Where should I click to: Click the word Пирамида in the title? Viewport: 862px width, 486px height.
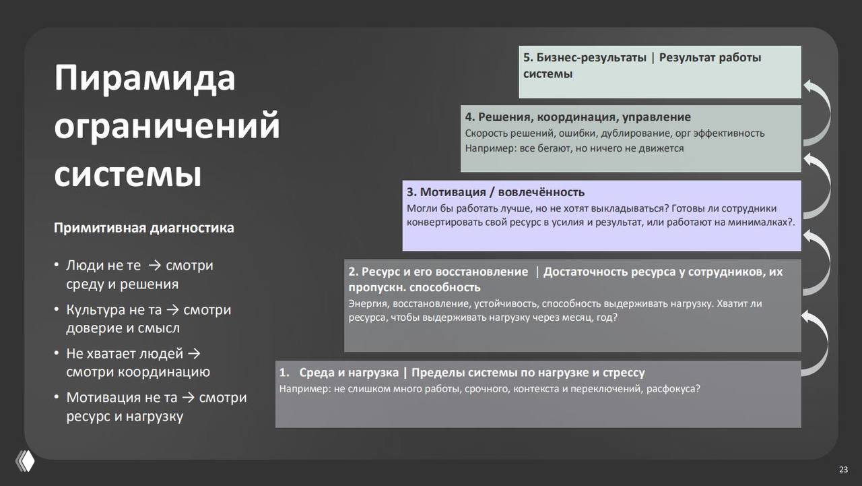145,78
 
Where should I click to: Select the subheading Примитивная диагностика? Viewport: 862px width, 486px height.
144,228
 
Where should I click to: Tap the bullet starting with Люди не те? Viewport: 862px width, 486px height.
139,274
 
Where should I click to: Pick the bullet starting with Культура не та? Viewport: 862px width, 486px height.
148,319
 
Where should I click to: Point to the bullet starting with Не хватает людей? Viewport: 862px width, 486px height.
137,363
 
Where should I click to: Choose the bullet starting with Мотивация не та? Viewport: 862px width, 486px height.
156,406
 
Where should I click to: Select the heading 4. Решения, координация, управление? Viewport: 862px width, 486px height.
578,117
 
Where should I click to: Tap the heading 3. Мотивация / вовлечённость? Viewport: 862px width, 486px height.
496,192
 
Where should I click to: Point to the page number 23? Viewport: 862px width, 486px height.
843,469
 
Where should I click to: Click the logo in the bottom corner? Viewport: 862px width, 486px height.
25,460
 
